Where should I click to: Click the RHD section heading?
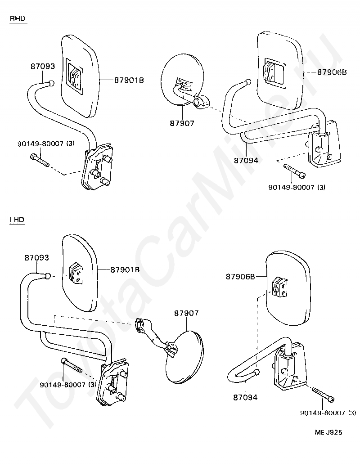pos(18,18)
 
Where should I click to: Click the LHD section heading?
pos(17,220)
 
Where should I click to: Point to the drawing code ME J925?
pos(328,432)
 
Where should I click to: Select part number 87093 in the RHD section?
pos(43,66)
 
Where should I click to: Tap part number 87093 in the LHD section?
pos(36,258)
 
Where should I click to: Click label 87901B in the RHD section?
pos(129,80)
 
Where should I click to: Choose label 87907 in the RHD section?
pos(182,123)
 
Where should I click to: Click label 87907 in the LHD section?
pos(186,313)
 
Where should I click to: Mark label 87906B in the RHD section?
pos(332,72)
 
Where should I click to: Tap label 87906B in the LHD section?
pos(241,277)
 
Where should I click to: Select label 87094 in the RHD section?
pos(246,160)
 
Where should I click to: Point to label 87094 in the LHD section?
pos(245,398)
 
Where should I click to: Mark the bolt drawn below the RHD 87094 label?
pos(295,171)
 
